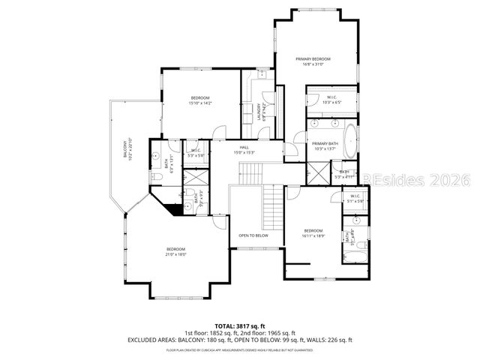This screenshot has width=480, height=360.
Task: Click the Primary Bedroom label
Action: tap(313, 58)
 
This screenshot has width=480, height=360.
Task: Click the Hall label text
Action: tap(244, 147)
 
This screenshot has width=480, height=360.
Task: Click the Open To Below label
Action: tap(253, 235)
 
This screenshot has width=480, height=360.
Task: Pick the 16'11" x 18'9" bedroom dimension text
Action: tap(313, 235)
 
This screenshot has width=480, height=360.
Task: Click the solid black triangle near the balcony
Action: tap(177, 209)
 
